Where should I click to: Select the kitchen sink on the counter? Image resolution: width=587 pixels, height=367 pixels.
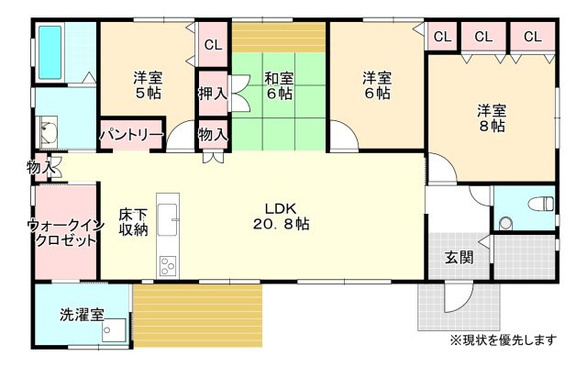click(168, 219)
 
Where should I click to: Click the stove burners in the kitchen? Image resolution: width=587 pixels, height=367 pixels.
click(168, 266)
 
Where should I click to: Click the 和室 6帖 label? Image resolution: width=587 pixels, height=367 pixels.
click(280, 85)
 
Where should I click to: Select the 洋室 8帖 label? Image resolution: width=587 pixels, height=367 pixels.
click(491, 119)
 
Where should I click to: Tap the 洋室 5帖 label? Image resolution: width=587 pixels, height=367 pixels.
click(147, 85)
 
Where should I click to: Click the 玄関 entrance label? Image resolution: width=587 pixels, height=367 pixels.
click(460, 258)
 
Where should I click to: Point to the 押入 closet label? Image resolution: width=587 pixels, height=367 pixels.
click(212, 93)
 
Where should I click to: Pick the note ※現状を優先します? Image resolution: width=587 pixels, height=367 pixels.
click(503, 340)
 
